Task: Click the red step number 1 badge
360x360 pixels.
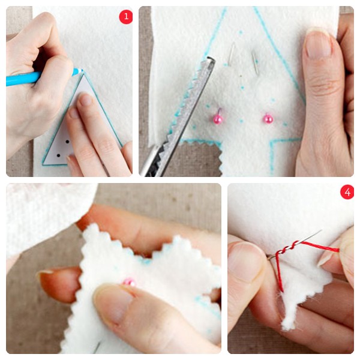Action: tap(126, 17)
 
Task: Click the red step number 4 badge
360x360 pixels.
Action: tap(347, 192)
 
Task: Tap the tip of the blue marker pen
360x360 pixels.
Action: tap(82, 70)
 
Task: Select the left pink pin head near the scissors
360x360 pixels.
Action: tap(218, 119)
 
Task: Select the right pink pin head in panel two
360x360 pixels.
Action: tap(268, 119)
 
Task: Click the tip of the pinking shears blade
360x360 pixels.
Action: tap(211, 59)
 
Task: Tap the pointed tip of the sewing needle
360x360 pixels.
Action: tap(321, 230)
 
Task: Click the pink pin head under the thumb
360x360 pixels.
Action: tap(129, 282)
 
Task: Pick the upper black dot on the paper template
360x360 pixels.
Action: tap(67, 142)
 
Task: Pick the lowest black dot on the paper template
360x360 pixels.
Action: tap(58, 155)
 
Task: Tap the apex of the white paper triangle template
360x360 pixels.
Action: tap(84, 75)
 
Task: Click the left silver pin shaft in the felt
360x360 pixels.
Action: tap(232, 54)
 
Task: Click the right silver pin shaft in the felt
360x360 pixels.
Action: tap(255, 62)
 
